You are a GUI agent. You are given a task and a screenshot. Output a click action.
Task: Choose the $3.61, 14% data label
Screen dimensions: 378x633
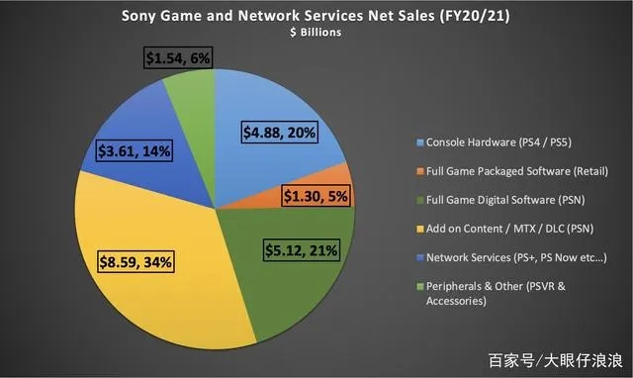click(x=136, y=153)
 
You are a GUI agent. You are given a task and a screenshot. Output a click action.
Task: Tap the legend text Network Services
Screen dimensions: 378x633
click(x=508, y=257)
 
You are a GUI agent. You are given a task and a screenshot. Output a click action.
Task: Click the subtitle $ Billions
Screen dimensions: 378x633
click(x=316, y=32)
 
